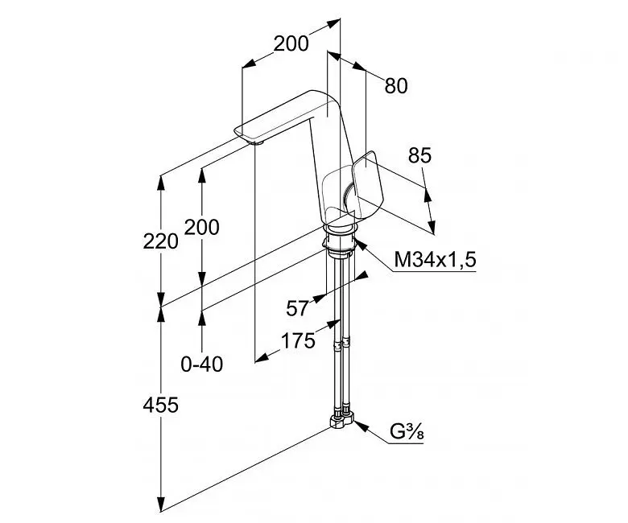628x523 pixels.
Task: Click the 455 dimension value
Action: click(160, 406)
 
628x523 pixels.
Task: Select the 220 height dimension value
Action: click(160, 241)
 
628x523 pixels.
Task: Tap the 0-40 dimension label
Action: click(202, 364)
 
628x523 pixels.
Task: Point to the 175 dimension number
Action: click(298, 341)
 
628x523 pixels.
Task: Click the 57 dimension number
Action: click(298, 308)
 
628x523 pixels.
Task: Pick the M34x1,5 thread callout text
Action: click(436, 260)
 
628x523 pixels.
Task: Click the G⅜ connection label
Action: click(407, 432)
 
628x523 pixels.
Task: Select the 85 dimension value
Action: click(419, 155)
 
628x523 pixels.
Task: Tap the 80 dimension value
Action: click(396, 86)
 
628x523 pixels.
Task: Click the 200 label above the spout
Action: click(291, 43)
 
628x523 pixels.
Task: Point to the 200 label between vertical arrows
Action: click(202, 227)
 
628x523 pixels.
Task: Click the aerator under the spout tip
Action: click(257, 142)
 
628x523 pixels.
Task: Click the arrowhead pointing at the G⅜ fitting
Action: click(361, 426)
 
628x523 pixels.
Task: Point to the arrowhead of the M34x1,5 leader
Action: click(360, 243)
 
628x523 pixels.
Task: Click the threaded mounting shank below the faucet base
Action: click(339, 243)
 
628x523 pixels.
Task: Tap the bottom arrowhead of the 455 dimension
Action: click(161, 504)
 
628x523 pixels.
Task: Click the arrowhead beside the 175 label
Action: click(262, 357)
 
